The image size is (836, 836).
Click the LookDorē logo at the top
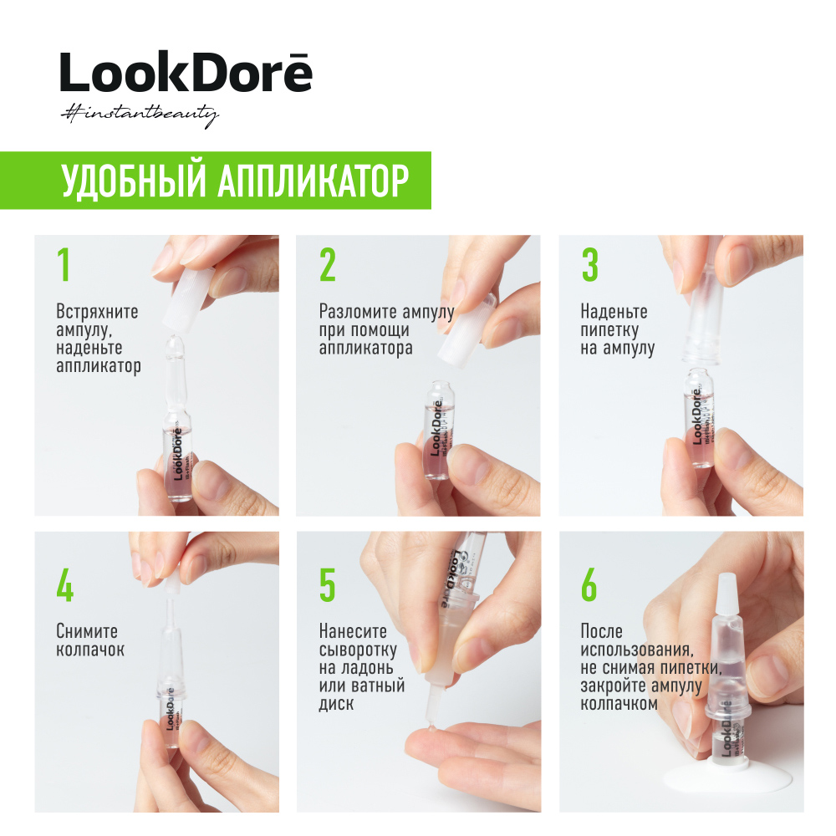tap(186, 73)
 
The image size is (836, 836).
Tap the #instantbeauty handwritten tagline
tap(139, 115)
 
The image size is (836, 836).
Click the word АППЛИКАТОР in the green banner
tap(313, 181)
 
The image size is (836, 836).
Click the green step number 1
tap(63, 265)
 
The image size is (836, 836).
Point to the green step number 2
tap(327, 265)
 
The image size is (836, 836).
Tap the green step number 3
tap(589, 265)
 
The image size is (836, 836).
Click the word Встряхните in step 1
tap(97, 313)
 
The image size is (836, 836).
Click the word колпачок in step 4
tap(90, 650)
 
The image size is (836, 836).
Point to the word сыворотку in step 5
tap(358, 650)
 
